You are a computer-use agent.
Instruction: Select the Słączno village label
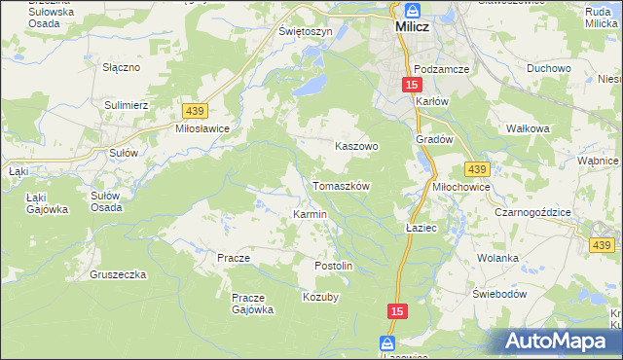123,68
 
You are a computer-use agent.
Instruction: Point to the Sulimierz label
126,102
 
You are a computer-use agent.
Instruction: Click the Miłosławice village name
202,128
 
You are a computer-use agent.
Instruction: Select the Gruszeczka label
118,274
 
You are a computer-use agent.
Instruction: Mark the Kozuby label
320,298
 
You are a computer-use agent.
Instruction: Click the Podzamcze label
441,69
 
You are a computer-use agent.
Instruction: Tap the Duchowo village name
548,69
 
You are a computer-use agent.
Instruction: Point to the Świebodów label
499,294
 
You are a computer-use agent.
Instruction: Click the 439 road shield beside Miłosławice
192,112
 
